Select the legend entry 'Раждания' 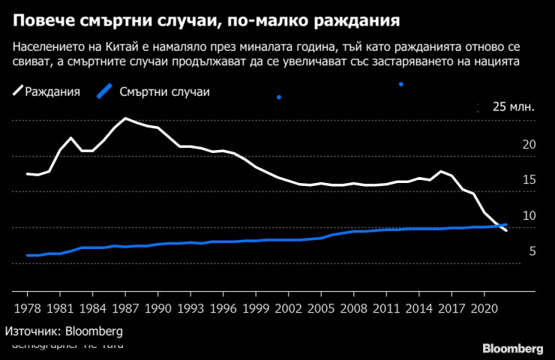[52, 92]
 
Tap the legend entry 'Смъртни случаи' [164, 92]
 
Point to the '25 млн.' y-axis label [513, 106]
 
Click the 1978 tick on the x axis [28, 307]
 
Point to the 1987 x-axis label [125, 307]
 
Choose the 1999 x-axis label [256, 307]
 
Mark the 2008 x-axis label [353, 307]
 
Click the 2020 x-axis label [484, 307]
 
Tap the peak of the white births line [124, 118]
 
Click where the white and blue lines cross [499, 225]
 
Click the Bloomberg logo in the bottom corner [512, 349]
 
